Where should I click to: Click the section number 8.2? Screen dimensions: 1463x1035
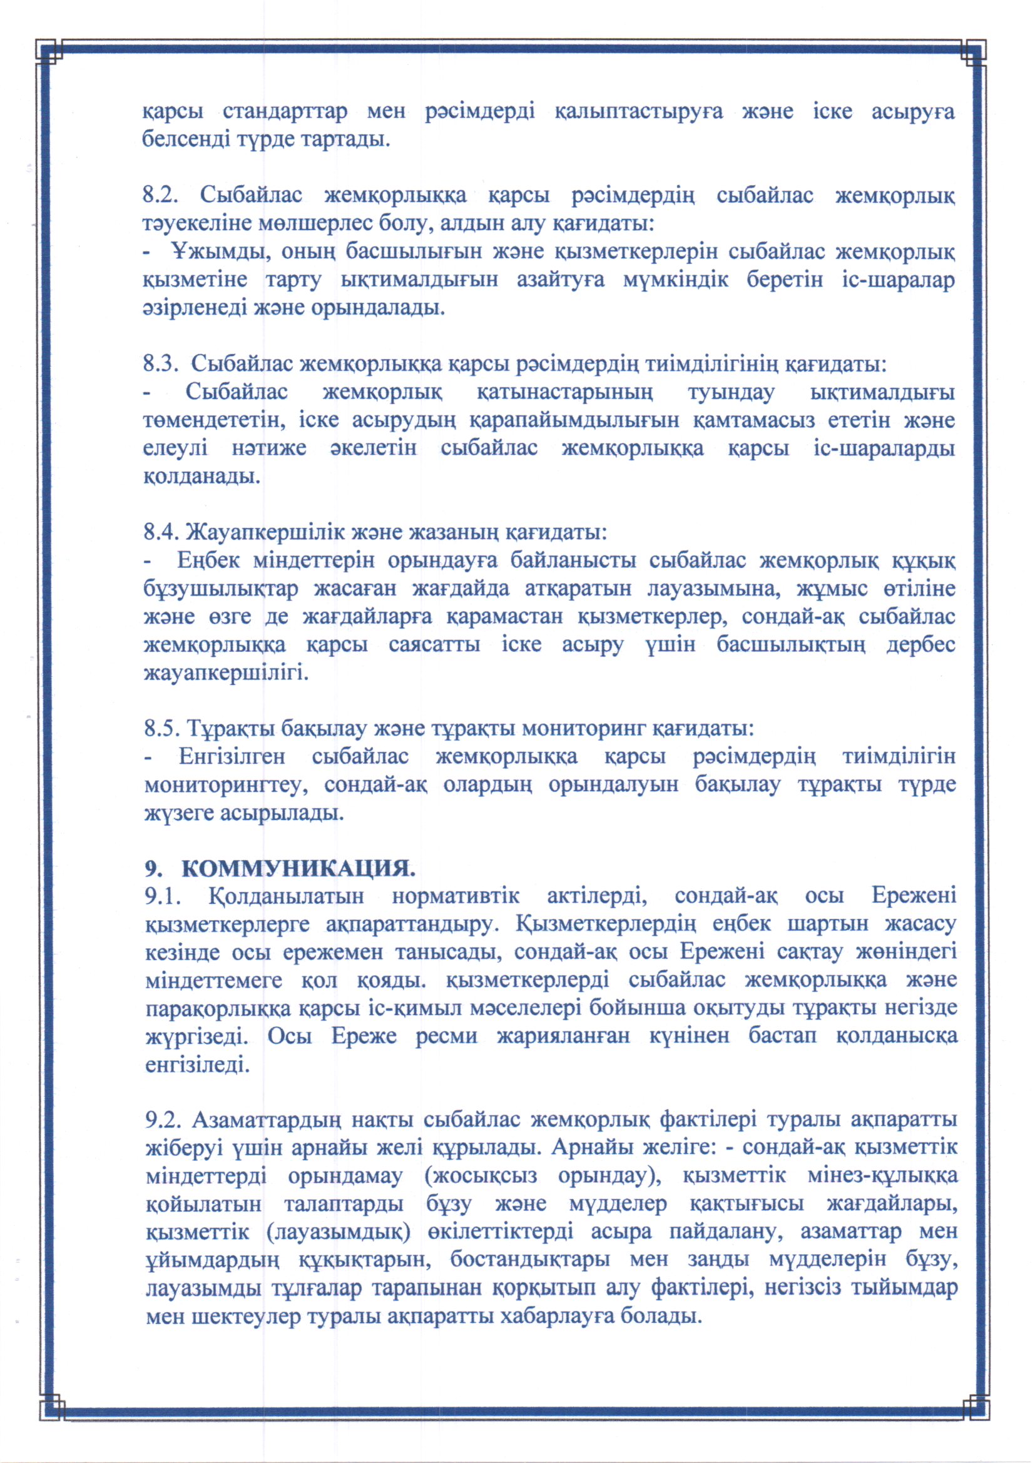tap(159, 195)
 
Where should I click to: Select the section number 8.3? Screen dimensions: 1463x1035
tap(159, 364)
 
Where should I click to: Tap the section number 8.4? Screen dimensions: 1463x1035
tap(160, 532)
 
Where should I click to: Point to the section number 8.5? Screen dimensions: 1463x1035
tap(160, 728)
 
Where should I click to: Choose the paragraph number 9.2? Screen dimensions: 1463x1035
tap(163, 1120)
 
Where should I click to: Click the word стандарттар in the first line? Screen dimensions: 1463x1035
tap(285, 111)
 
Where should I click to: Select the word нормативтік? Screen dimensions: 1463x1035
tap(455, 896)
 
